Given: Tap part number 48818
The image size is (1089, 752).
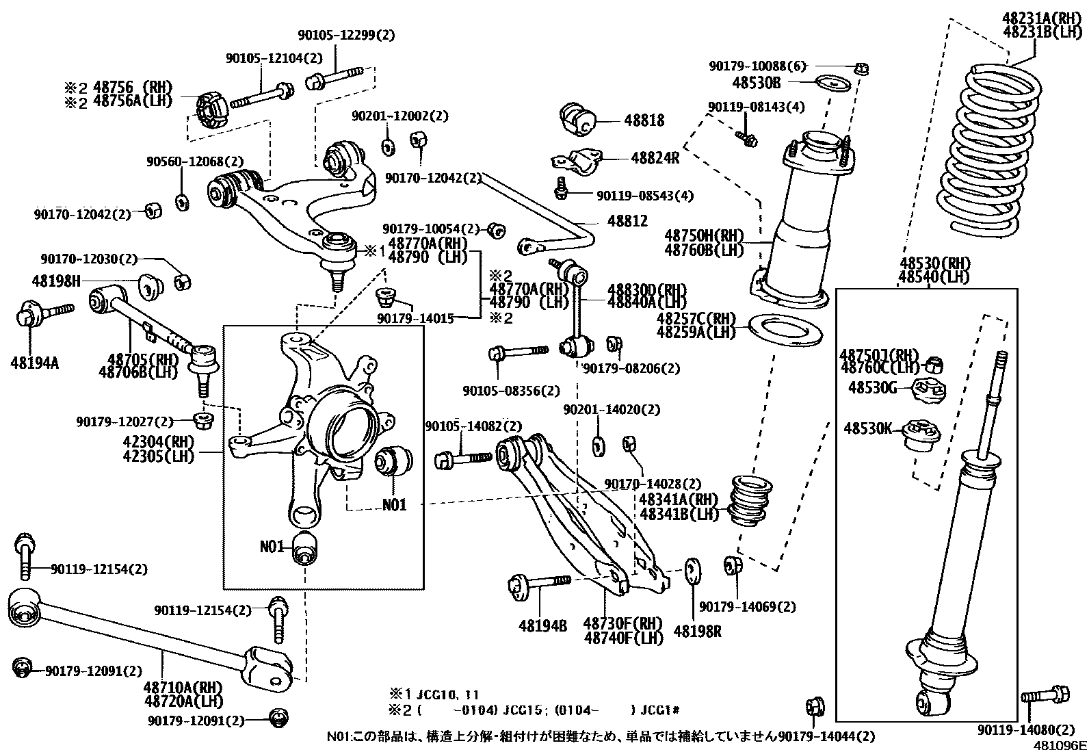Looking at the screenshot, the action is pyautogui.click(x=644, y=120).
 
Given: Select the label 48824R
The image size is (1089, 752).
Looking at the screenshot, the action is pyautogui.click(x=655, y=157).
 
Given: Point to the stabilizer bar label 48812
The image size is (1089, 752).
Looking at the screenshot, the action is pyautogui.click(x=628, y=221).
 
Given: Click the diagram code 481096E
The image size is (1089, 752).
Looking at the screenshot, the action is pyautogui.click(x=1060, y=745).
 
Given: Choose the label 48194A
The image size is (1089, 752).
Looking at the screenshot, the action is pyautogui.click(x=34, y=363).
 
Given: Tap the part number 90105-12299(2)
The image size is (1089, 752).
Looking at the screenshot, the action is pyautogui.click(x=346, y=35).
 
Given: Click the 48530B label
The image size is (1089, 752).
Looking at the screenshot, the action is pyautogui.click(x=756, y=83).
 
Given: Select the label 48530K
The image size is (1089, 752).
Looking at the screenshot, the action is pyautogui.click(x=868, y=428).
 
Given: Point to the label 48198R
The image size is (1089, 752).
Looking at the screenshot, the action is pyautogui.click(x=697, y=632).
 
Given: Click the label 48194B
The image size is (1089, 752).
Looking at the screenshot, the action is pyautogui.click(x=542, y=626).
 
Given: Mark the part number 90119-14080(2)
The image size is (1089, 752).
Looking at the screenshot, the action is pyautogui.click(x=1026, y=729).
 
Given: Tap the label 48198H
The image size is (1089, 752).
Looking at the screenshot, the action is pyautogui.click(x=56, y=281).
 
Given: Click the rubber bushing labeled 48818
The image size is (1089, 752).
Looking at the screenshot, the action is pyautogui.click(x=578, y=120).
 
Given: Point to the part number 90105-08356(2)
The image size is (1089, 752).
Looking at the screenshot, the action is pyautogui.click(x=511, y=391).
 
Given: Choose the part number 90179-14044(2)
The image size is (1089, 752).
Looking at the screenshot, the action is pyautogui.click(x=826, y=736).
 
